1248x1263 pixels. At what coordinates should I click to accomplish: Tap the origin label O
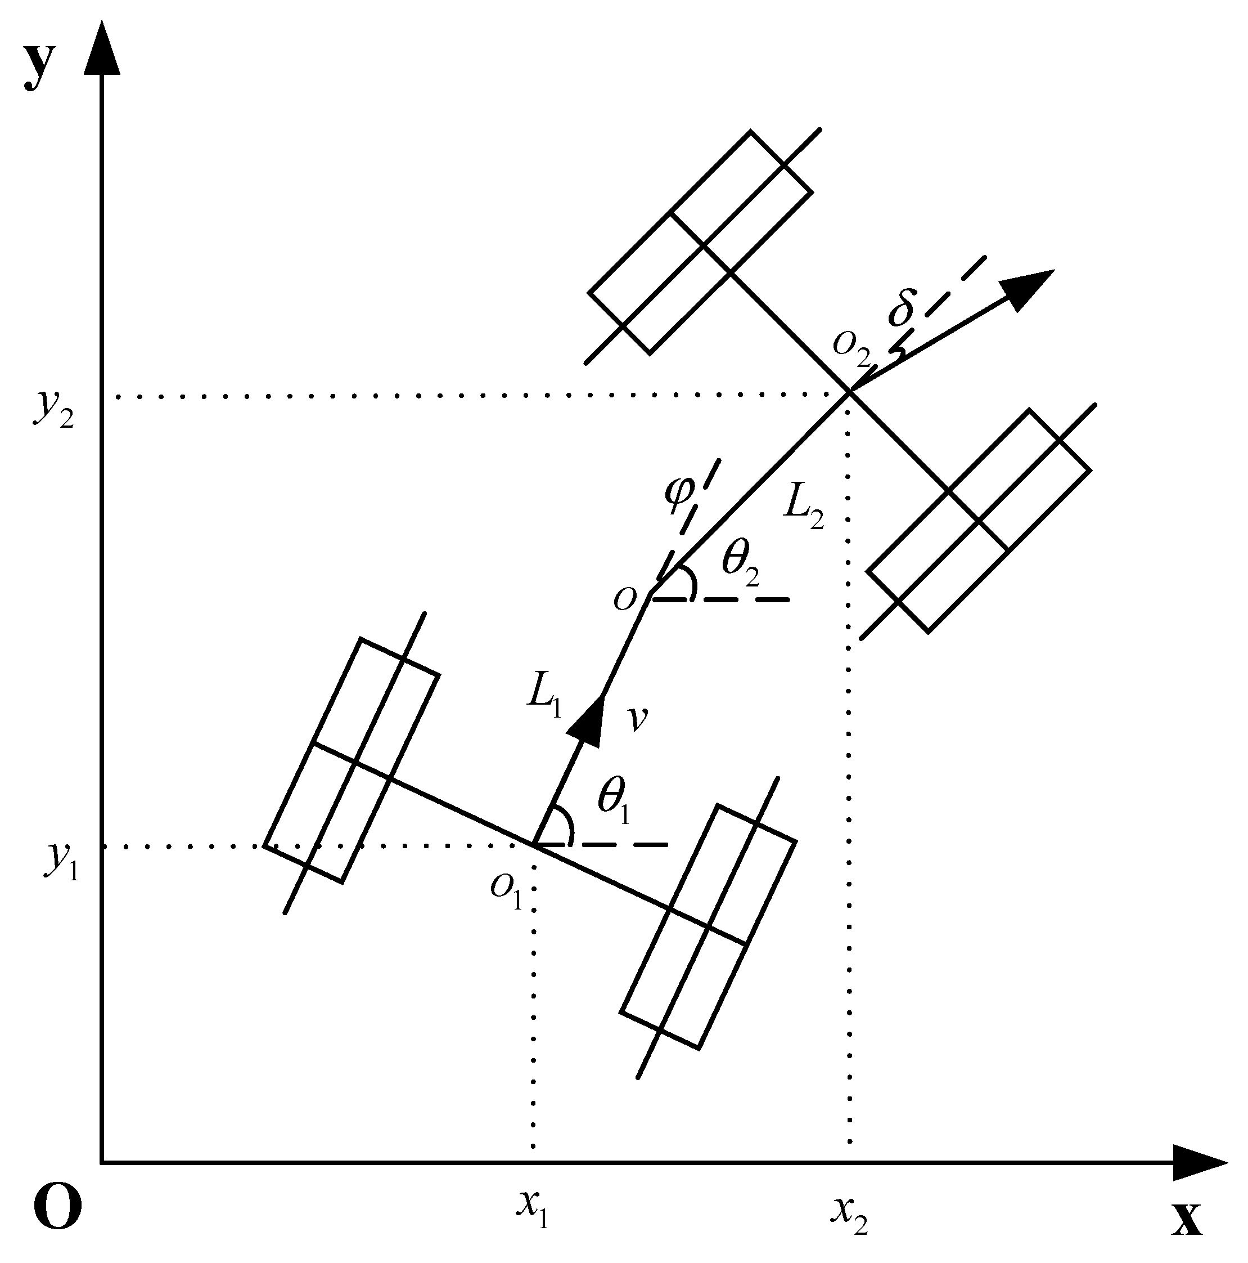57,1207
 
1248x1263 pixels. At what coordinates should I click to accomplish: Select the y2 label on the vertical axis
54,409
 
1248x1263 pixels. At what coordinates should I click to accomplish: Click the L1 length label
544,698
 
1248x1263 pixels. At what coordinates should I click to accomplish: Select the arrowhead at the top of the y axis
102,49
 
